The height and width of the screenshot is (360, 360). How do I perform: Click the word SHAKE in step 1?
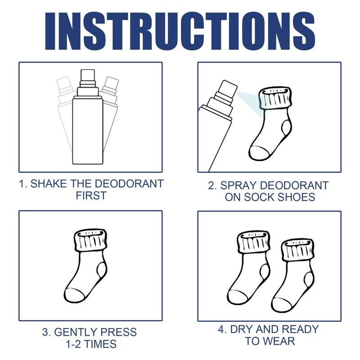tap(53, 184)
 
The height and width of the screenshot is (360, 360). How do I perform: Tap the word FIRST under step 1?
tap(90, 196)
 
